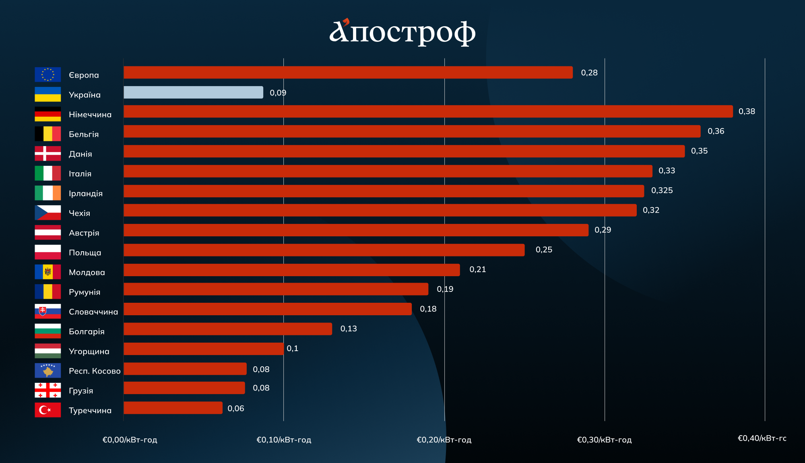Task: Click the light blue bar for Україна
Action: click(193, 92)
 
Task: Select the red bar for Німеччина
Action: click(428, 112)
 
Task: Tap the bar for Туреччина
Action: click(173, 408)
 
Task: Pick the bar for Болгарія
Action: click(228, 329)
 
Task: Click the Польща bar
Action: click(324, 250)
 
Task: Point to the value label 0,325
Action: click(662, 190)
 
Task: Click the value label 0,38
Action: click(747, 112)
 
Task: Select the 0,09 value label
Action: click(278, 93)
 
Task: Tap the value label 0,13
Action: click(349, 329)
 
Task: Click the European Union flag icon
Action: click(47, 74)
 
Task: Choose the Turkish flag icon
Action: click(47, 410)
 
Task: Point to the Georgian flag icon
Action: click(47, 390)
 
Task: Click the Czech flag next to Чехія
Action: click(47, 213)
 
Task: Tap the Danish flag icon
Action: click(47, 153)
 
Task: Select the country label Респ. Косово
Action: click(95, 371)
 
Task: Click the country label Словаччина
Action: click(93, 312)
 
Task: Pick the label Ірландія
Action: click(86, 194)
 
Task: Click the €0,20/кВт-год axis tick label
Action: click(444, 440)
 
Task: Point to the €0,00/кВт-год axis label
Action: click(130, 440)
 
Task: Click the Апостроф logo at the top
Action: click(402, 32)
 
